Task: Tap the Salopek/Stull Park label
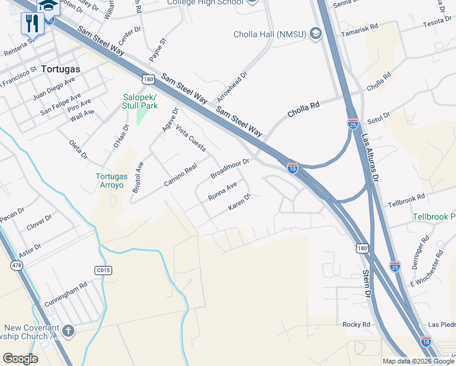tap(140, 101)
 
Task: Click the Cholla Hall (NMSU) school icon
tap(315, 33)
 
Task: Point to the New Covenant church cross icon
tap(68, 331)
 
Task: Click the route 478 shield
tap(16, 265)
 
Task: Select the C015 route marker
tap(103, 269)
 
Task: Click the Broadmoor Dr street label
tap(230, 169)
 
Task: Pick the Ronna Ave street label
tap(222, 192)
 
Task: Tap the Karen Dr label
tap(240, 203)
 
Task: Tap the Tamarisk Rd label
tap(360, 30)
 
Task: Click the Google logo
tap(21, 358)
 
